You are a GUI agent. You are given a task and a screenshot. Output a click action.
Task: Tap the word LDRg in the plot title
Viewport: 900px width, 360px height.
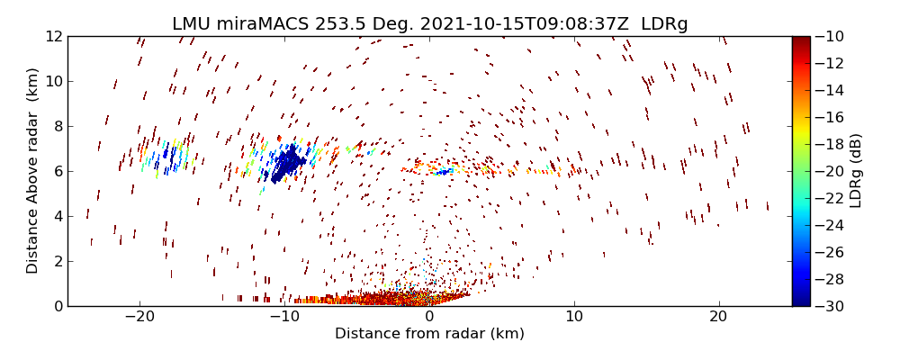click(x=667, y=24)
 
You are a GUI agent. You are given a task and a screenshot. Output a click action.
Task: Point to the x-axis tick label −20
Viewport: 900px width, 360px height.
click(x=139, y=317)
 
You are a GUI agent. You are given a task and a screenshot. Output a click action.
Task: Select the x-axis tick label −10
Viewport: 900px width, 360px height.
click(x=284, y=317)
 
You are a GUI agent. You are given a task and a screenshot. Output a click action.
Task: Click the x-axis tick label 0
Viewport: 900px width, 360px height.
click(x=429, y=317)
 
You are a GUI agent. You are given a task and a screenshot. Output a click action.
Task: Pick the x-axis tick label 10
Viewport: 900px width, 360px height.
click(x=574, y=317)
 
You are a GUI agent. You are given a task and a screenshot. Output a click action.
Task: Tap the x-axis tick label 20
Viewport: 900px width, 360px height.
click(x=719, y=317)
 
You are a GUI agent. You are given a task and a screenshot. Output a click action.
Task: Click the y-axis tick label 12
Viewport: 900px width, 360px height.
click(x=53, y=36)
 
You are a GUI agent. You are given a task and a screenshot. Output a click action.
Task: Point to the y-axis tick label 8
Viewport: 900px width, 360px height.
click(x=57, y=126)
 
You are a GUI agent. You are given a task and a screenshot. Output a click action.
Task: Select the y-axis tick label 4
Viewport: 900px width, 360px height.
click(x=57, y=216)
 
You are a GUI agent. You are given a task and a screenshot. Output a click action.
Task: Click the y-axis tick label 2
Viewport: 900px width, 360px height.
click(x=57, y=261)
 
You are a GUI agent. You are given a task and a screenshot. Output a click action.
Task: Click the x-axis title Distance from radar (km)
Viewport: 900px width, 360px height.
click(x=429, y=334)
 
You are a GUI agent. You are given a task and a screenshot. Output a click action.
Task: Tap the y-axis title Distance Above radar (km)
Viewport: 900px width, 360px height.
click(x=32, y=171)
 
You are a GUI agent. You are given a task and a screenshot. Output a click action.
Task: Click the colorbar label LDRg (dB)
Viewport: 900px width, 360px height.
click(x=856, y=171)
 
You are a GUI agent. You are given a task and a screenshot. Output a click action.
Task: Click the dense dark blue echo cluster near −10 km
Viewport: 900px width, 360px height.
click(x=287, y=165)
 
